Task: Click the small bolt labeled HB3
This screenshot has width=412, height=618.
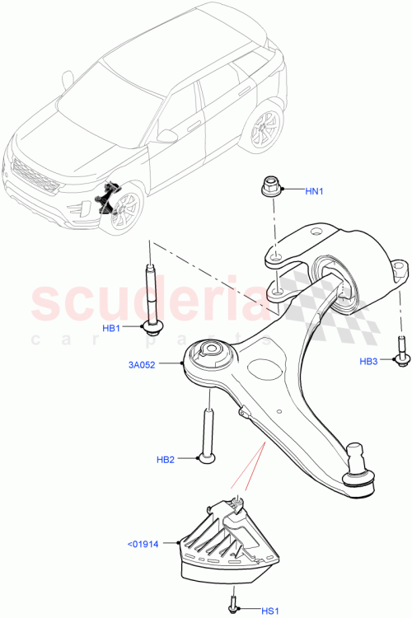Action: click(x=400, y=349)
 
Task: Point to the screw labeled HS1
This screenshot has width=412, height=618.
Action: click(x=236, y=603)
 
